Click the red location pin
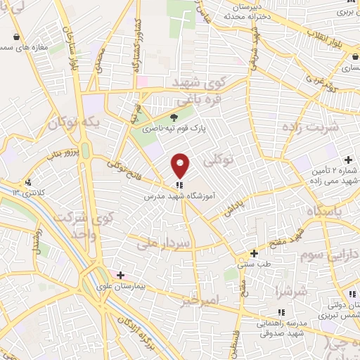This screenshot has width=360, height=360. click(181, 165)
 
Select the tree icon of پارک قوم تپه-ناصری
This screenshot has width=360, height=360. click(174, 117)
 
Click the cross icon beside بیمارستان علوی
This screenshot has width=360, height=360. click(121, 275)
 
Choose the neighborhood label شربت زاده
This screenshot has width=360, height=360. click(310, 127)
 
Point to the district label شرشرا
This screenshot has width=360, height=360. click(290, 290)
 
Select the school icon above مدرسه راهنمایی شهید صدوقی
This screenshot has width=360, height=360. click(281, 311)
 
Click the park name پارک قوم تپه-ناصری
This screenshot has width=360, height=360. click(166, 129)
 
